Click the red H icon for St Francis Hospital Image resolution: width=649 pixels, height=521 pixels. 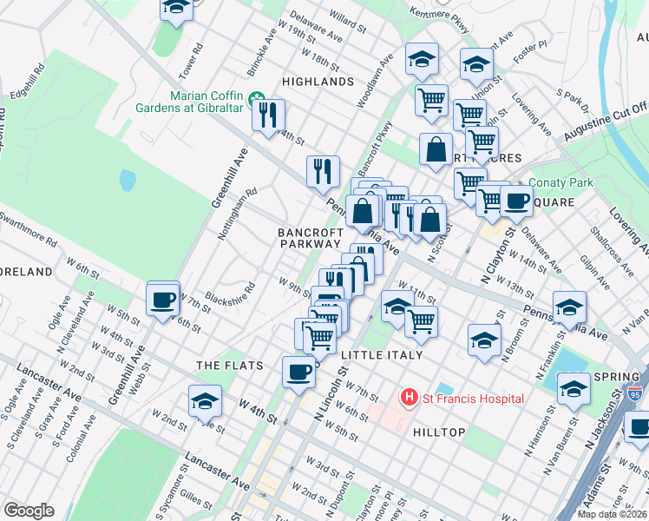pyautogui.click(x=409, y=398)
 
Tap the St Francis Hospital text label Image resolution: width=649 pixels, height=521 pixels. pyautogui.click(x=473, y=399)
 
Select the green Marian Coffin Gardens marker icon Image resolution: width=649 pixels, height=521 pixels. pyautogui.click(x=255, y=96)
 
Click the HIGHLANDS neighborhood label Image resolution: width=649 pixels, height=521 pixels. pyautogui.click(x=318, y=82)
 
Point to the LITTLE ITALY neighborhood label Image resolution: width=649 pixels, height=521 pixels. pyautogui.click(x=382, y=355)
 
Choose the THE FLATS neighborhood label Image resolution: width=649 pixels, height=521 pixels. pyautogui.click(x=230, y=366)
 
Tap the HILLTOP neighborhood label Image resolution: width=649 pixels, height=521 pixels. pyautogui.click(x=439, y=432)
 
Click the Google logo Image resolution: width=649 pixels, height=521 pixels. pyautogui.click(x=29, y=510)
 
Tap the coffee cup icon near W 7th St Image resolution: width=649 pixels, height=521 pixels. pyautogui.click(x=163, y=300)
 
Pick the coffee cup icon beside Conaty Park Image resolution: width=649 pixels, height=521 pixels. pyautogui.click(x=516, y=200)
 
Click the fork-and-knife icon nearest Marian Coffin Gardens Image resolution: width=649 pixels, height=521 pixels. pyautogui.click(x=269, y=115)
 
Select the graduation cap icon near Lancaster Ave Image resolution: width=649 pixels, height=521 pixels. pyautogui.click(x=206, y=401)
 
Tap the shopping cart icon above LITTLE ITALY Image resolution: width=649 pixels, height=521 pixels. pyautogui.click(x=421, y=320)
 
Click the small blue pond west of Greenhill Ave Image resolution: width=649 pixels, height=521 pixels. pyautogui.click(x=128, y=180)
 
